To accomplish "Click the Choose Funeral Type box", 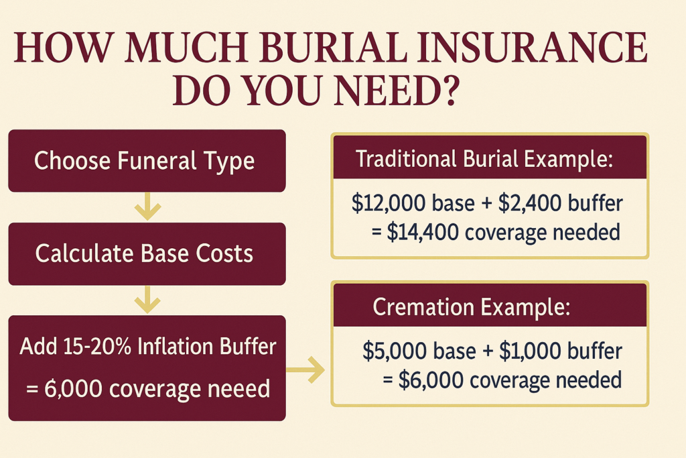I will tap(147, 161).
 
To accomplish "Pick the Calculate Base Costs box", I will tap(147, 253).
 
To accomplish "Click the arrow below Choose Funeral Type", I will tap(147, 209).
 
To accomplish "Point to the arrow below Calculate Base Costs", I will tap(147, 301).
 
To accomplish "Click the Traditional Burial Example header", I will tap(489, 160).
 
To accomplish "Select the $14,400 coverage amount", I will tap(428, 232).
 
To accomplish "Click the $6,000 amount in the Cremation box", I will tap(429, 380).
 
